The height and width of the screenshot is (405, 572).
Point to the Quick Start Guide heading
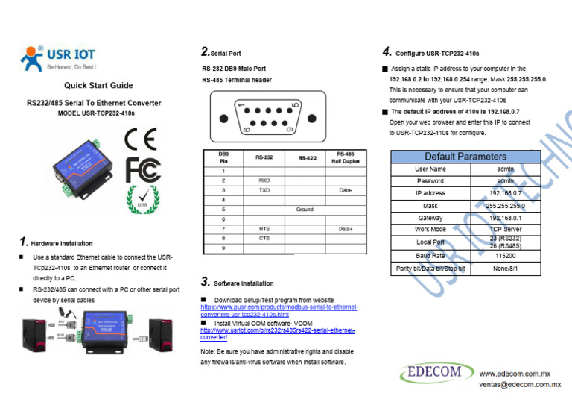click(98, 85)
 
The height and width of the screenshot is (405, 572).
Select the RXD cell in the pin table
click(264, 180)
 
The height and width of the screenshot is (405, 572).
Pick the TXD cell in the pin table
click(264, 190)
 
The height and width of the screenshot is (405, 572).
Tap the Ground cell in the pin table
click(305, 210)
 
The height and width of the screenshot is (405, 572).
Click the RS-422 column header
click(305, 158)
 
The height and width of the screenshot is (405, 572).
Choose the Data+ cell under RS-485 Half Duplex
click(346, 229)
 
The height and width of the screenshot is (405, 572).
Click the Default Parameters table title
click(465, 157)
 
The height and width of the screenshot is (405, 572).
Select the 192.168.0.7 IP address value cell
click(505, 193)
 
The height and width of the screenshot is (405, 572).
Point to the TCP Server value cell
click(505, 230)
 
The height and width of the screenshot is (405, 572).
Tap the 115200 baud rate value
click(505, 255)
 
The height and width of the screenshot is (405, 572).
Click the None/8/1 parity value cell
click(505, 269)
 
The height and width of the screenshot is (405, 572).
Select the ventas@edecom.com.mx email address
click(520, 385)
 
